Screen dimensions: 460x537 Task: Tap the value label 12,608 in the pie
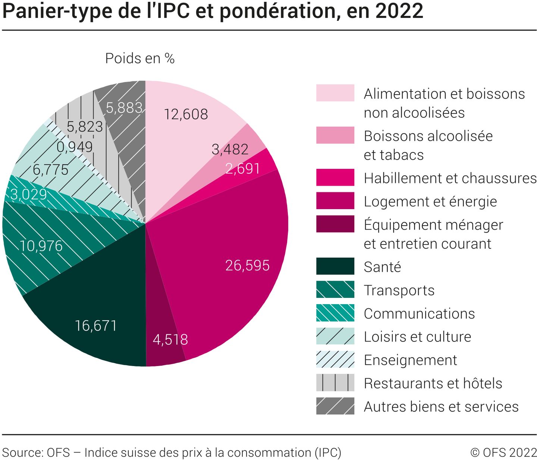(186, 114)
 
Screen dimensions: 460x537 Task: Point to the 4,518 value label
(170, 340)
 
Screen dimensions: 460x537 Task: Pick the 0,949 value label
(75, 147)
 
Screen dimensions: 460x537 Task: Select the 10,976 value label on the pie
(41, 246)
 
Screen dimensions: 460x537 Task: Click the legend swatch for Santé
(335, 266)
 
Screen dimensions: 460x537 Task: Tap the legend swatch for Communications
(335, 313)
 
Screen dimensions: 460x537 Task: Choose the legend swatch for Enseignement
(335, 359)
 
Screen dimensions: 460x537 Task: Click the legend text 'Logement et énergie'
(430, 202)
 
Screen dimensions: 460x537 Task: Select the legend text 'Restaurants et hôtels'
(433, 383)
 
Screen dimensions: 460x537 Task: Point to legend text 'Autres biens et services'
(441, 407)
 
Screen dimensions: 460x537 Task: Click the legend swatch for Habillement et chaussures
(335, 177)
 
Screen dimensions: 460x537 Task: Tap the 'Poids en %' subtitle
(140, 59)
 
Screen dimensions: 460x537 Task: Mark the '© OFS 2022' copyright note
(503, 453)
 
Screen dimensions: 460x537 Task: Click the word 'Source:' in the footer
(22, 453)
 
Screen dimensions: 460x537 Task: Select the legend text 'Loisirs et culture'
(417, 337)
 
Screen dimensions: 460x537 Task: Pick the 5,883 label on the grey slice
(124, 108)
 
